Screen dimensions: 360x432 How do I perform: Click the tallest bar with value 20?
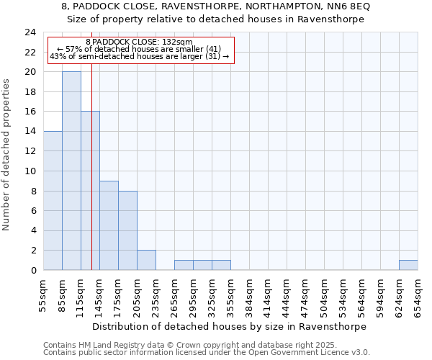71,171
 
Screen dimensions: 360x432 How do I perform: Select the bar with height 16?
90,191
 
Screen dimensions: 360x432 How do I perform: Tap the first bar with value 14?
53,201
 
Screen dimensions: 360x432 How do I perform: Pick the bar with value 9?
109,225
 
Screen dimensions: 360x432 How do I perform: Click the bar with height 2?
146,260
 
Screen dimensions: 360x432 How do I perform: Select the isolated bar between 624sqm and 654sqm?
408,265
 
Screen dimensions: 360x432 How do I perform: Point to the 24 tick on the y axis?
30,32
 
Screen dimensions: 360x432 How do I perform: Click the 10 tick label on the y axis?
30,171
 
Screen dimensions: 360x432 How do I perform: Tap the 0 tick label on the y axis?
32,270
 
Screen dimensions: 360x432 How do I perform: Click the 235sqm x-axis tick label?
156,295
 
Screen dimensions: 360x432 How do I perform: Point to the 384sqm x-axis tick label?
250,295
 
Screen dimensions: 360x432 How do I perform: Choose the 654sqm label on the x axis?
418,295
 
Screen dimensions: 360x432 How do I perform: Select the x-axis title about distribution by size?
230,326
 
